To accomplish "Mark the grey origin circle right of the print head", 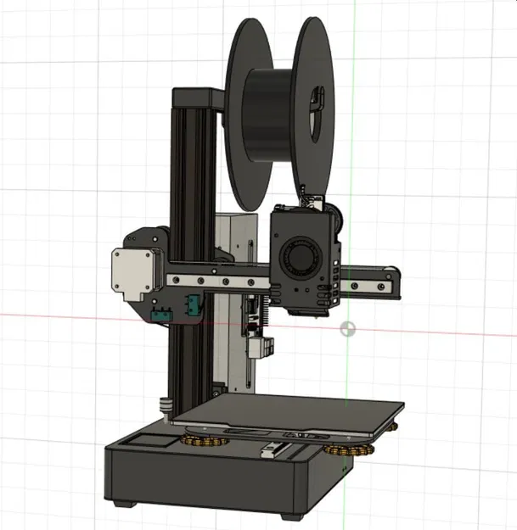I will point(347,328).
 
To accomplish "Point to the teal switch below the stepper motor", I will point(160,315).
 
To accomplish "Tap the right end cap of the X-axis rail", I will point(392,283).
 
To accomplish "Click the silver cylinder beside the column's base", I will point(166,407).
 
